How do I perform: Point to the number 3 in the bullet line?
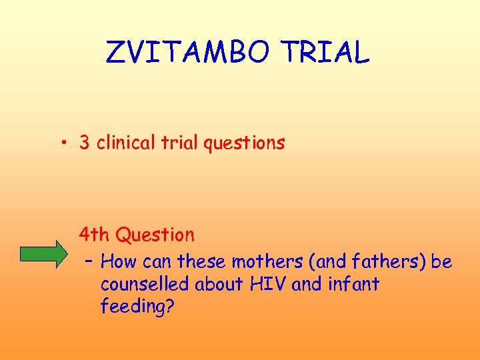click(85, 143)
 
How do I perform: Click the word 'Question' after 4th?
click(155, 235)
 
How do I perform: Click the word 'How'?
click(119, 261)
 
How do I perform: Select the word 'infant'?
click(353, 284)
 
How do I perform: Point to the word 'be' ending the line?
click(441, 261)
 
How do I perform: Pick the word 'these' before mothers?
click(202, 261)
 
